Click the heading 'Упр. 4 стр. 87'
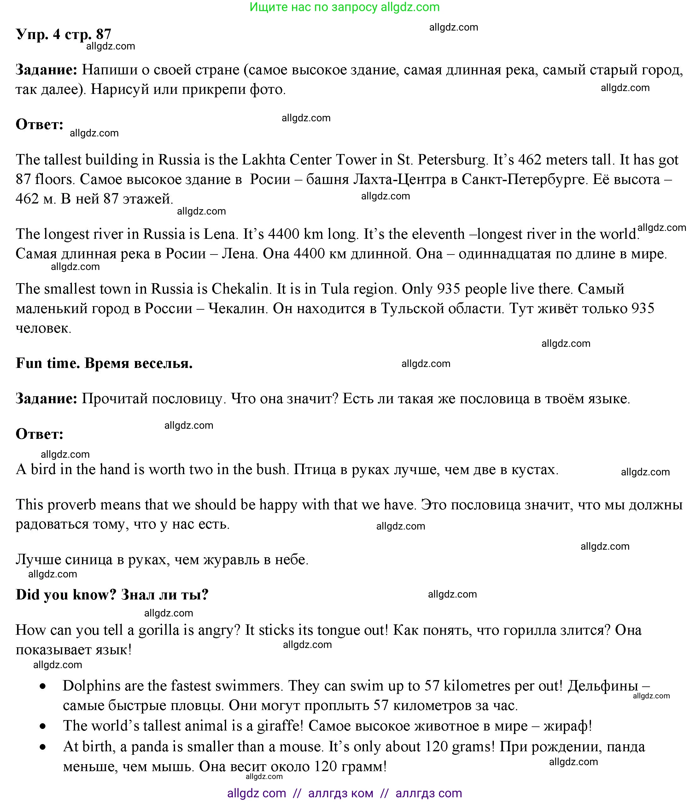tap(63, 34)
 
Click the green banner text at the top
tap(344, 7)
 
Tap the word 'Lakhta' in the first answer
tap(263, 160)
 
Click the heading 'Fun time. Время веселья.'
tap(104, 364)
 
